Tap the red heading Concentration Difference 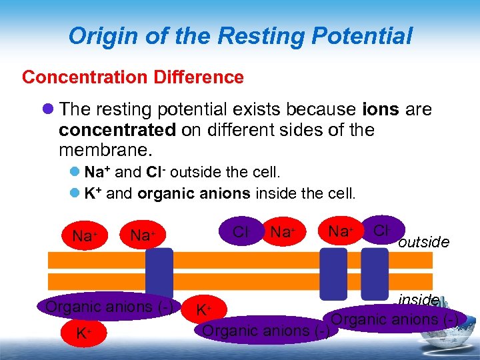pyautogui.click(x=133, y=77)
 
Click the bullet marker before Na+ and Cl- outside pyautogui.click(x=75, y=173)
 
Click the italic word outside pyautogui.click(x=423, y=242)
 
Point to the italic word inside pyautogui.click(x=418, y=300)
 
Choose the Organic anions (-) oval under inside pyautogui.click(x=393, y=319)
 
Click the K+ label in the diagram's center pyautogui.click(x=203, y=311)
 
